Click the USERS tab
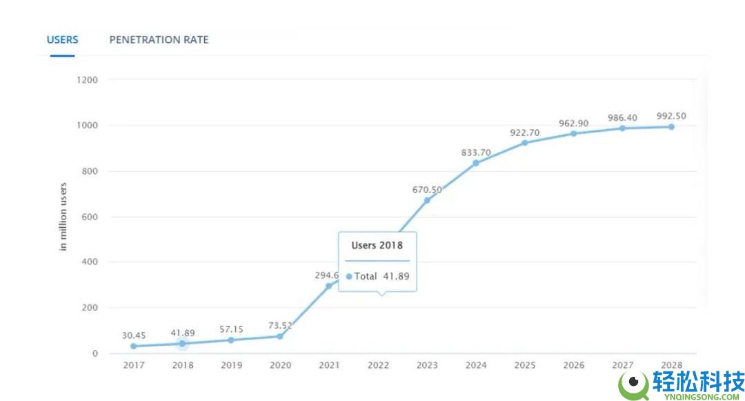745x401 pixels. coord(62,39)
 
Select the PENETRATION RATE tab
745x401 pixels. coord(159,39)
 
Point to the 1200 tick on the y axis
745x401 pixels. coord(87,80)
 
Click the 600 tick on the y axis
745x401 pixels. coord(90,217)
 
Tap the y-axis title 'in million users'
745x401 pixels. coord(63,217)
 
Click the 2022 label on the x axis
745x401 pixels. coord(378,365)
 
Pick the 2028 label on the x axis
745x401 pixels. coord(670,365)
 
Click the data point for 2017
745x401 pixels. coord(133,346)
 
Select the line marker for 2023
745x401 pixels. coord(427,200)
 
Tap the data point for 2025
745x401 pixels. coord(524,143)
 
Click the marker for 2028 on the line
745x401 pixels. coord(670,127)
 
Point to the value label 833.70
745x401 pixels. coord(476,152)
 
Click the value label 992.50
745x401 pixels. coord(670,116)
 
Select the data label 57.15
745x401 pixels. coord(231,329)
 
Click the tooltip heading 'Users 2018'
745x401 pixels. coord(377,245)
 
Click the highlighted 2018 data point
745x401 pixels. coord(182,343)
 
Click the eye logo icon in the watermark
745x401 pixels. coord(633,385)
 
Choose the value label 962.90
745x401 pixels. coord(573,123)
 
